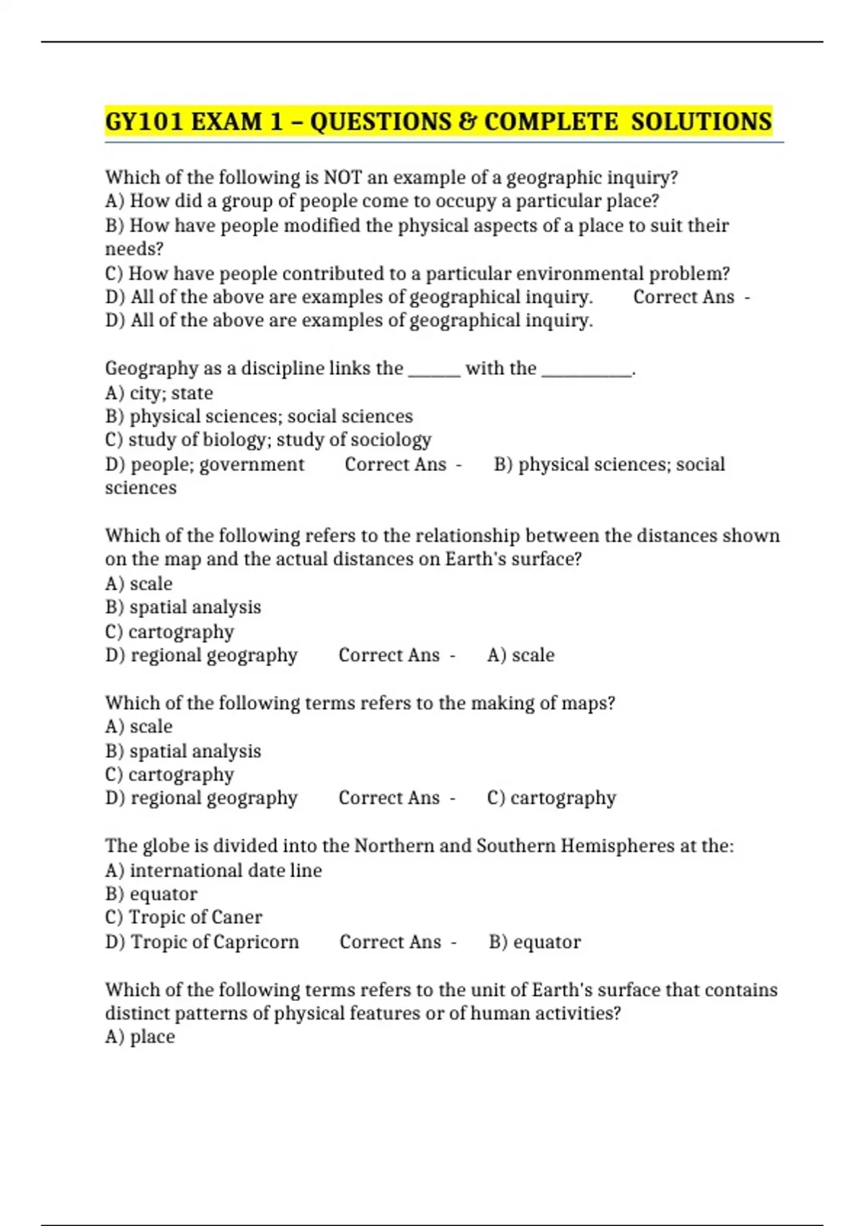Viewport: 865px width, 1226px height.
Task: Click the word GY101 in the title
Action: pyautogui.click(x=144, y=121)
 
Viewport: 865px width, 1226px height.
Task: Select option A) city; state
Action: pyautogui.click(x=159, y=393)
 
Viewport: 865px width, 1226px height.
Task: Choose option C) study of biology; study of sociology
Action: pyautogui.click(x=268, y=440)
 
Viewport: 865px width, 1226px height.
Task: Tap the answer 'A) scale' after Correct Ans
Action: pyautogui.click(x=520, y=655)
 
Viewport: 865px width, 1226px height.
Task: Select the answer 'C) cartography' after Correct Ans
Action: pyautogui.click(x=551, y=798)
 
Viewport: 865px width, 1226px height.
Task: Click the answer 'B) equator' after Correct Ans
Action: pyautogui.click(x=534, y=942)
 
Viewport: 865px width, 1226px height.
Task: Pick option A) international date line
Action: pyautogui.click(x=213, y=870)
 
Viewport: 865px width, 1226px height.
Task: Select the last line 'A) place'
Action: pyautogui.click(x=140, y=1037)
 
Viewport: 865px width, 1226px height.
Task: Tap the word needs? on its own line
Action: pyautogui.click(x=134, y=250)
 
